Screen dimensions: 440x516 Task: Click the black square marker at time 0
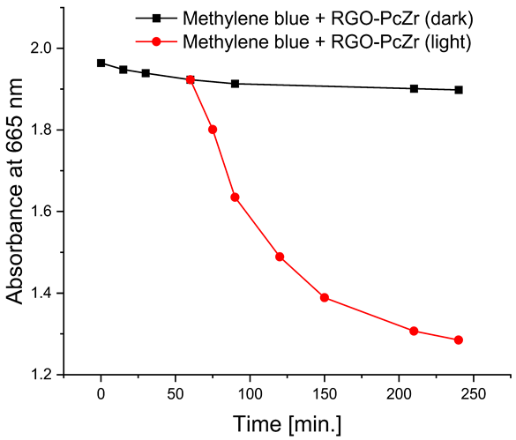click(101, 63)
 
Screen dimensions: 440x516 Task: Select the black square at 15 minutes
click(123, 69)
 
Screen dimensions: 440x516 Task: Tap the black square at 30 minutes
click(146, 73)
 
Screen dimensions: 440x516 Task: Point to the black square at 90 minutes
click(236, 84)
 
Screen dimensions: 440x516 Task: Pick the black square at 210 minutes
click(415, 88)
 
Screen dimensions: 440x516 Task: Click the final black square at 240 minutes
click(459, 90)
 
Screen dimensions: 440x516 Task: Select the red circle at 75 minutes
click(213, 130)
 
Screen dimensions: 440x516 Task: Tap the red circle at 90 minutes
click(236, 197)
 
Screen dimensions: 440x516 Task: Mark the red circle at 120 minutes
click(280, 257)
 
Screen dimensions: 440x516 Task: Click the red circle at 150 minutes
click(325, 298)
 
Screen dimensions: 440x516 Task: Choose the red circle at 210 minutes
click(415, 331)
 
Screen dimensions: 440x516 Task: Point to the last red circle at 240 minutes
click(459, 340)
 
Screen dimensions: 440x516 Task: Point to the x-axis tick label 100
click(251, 391)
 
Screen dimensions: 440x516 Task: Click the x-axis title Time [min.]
click(288, 422)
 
